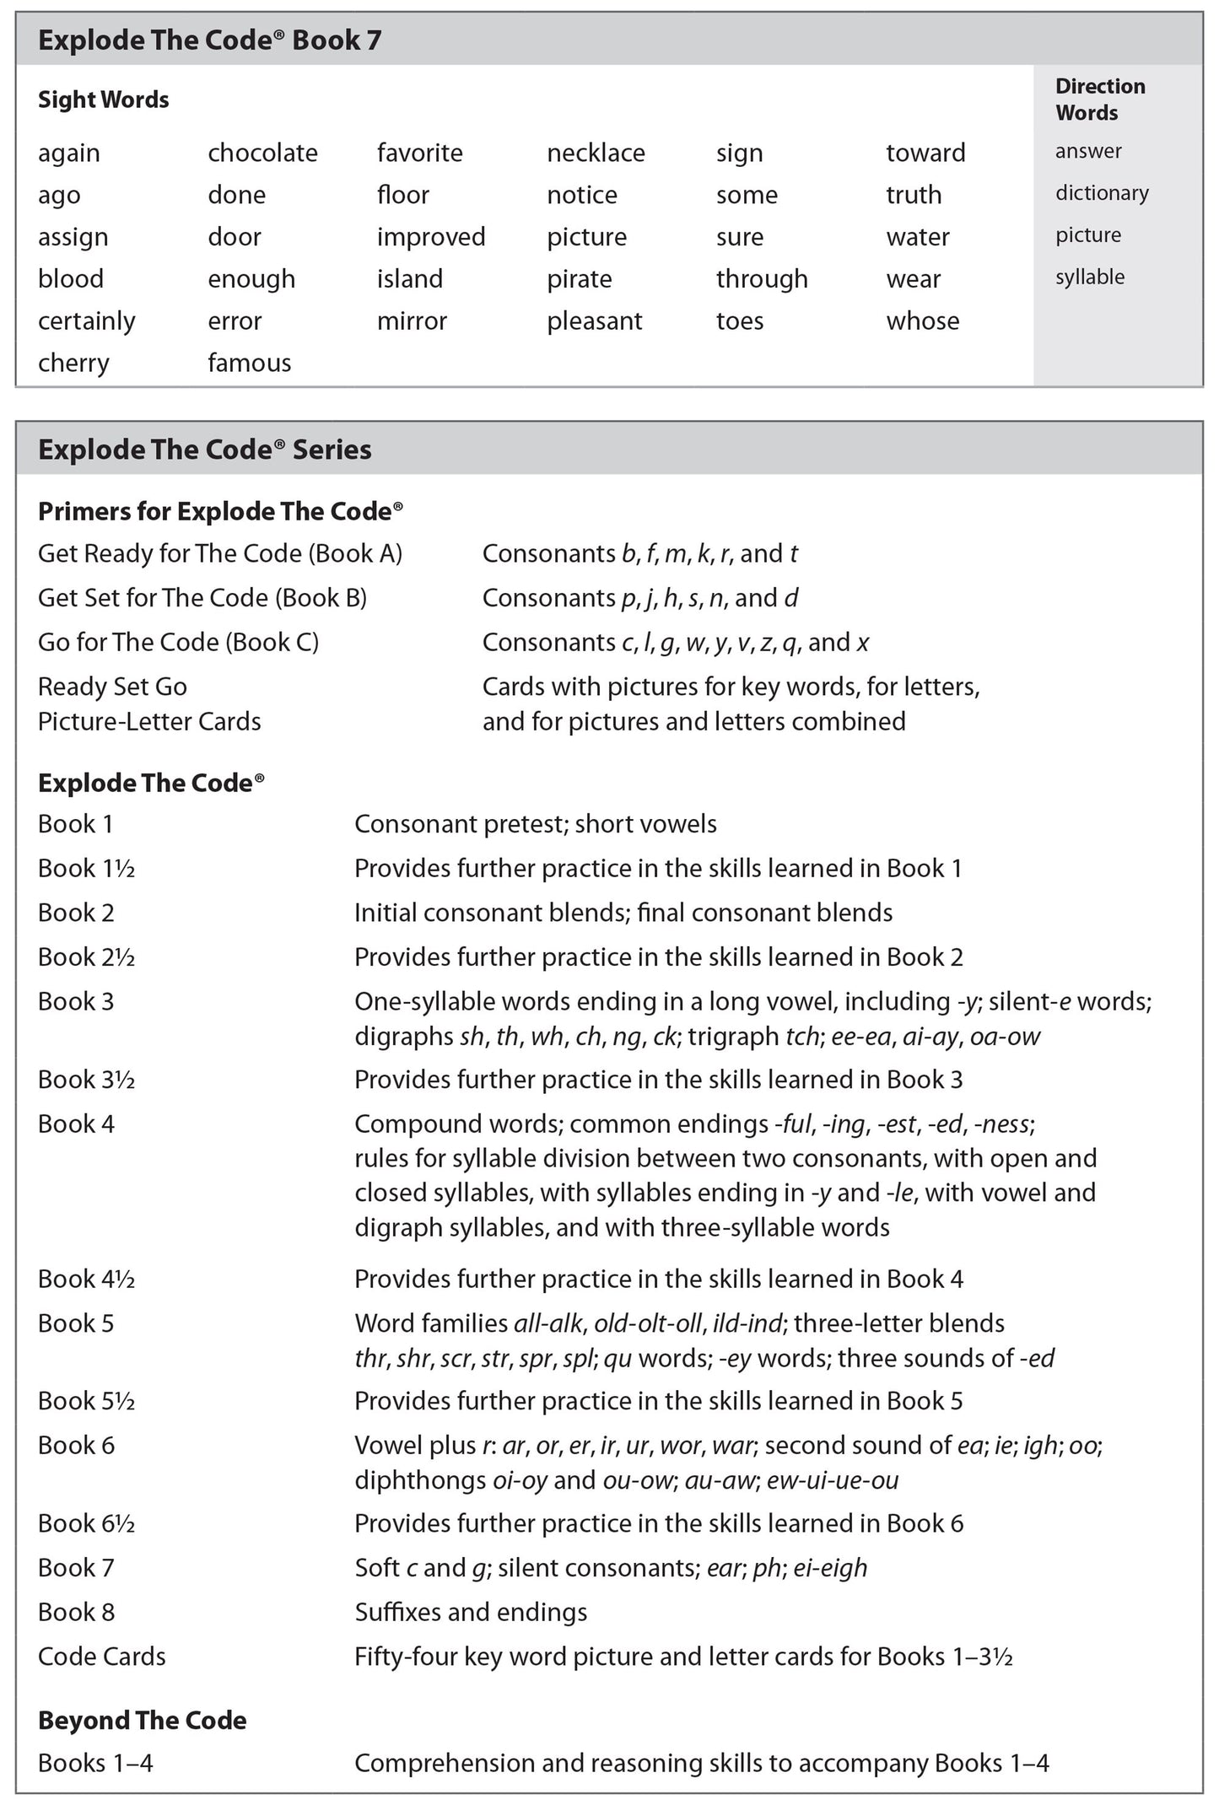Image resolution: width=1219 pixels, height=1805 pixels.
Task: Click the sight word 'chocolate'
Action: (262, 153)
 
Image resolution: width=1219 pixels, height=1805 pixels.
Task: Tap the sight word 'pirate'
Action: (579, 279)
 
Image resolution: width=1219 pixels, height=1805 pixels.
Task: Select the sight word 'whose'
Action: (922, 321)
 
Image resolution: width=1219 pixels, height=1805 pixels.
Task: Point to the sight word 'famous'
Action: (249, 364)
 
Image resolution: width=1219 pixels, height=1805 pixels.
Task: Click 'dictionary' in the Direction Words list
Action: (1101, 193)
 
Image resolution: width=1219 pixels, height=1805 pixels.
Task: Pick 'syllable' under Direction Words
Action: (1089, 277)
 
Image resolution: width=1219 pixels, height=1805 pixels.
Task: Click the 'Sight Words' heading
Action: (103, 100)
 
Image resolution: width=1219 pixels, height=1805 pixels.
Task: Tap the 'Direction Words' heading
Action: (1099, 100)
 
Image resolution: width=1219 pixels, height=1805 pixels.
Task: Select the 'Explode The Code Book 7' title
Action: (209, 40)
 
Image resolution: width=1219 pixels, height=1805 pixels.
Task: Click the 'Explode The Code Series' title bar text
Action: (204, 450)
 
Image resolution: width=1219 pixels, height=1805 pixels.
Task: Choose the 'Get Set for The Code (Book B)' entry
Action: (202, 598)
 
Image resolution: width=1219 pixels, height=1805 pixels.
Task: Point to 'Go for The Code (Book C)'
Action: (178, 643)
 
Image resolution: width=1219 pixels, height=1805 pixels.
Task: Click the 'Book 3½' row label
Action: (86, 1080)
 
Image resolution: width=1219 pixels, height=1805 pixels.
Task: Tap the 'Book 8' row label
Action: (76, 1612)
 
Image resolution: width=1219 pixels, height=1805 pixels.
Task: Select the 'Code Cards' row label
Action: (101, 1657)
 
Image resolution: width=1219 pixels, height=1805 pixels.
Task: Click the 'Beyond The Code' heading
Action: (142, 1720)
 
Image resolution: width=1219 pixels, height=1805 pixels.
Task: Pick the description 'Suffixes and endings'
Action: (471, 1612)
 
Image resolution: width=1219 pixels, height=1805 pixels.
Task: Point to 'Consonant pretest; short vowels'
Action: (535, 824)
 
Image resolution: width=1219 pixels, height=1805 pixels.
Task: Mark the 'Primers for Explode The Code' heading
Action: (219, 511)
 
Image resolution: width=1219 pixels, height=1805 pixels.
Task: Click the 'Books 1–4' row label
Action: (95, 1763)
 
